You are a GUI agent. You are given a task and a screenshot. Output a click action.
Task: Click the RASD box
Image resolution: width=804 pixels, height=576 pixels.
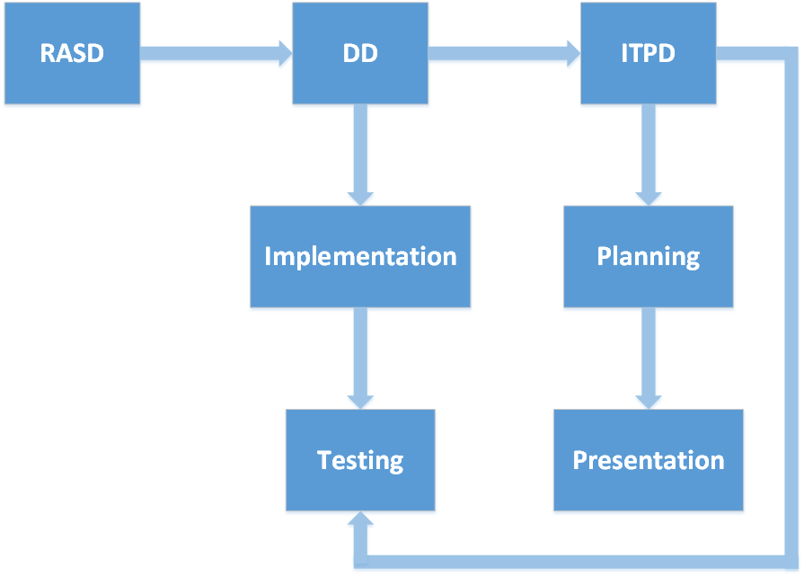pyautogui.click(x=72, y=53)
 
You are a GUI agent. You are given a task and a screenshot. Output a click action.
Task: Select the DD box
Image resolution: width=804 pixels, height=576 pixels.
pyautogui.click(x=360, y=53)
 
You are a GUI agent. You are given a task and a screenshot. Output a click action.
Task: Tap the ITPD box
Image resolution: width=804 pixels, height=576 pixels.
pyautogui.click(x=648, y=53)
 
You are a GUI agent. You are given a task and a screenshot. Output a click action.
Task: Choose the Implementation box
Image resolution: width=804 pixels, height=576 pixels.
pyautogui.click(x=360, y=256)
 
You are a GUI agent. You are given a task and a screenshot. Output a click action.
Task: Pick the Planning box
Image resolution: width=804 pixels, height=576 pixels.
pyautogui.click(x=648, y=256)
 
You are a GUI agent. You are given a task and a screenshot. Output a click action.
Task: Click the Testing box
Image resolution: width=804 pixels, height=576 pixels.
pyautogui.click(x=360, y=460)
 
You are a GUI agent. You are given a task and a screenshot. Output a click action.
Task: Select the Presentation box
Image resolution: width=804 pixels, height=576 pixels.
pyautogui.click(x=648, y=460)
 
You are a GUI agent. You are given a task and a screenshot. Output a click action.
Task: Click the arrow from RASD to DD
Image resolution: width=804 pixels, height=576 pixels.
pyautogui.click(x=216, y=53)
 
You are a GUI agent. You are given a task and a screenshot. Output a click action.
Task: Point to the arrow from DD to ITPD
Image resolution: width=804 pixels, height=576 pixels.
pyautogui.click(x=505, y=53)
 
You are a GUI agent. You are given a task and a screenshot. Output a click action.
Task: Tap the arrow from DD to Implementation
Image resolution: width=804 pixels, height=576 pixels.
pyautogui.click(x=360, y=155)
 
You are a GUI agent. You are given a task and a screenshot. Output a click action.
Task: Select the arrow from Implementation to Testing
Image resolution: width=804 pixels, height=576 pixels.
pyautogui.click(x=360, y=359)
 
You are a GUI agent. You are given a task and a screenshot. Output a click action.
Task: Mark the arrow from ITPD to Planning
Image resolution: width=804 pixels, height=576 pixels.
pyautogui.click(x=649, y=155)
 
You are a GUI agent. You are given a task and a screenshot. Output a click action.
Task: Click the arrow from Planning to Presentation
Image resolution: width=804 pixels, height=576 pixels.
pyautogui.click(x=649, y=359)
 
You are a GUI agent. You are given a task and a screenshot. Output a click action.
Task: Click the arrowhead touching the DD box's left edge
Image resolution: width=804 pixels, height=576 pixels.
pyautogui.click(x=286, y=53)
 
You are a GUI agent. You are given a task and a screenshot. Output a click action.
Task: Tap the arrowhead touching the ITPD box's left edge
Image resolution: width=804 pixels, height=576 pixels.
pyautogui.click(x=574, y=53)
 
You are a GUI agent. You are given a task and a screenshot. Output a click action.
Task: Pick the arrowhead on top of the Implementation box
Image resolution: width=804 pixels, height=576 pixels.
pyautogui.click(x=360, y=199)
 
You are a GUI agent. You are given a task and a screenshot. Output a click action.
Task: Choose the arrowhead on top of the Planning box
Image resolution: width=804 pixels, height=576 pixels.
pyautogui.click(x=649, y=199)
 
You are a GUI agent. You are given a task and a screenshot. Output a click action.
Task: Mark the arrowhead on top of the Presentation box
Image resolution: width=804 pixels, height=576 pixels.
pyautogui.click(x=649, y=403)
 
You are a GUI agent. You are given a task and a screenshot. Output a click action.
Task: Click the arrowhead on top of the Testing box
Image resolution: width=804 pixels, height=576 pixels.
pyautogui.click(x=360, y=403)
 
